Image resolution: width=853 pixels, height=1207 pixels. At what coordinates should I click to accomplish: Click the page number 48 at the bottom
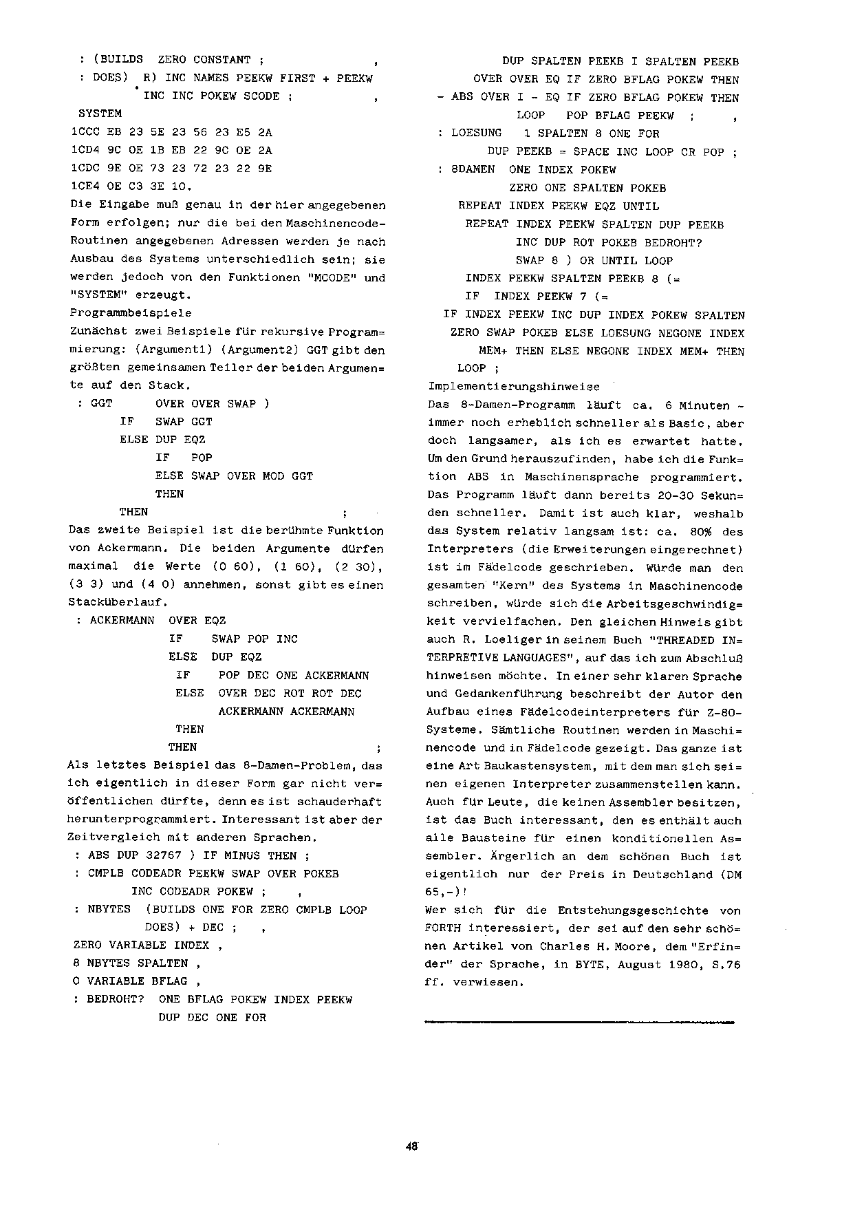(x=412, y=1146)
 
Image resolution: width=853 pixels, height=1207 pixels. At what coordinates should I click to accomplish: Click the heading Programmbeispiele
(x=131, y=313)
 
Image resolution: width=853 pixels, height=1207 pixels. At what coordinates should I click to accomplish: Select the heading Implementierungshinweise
(x=513, y=387)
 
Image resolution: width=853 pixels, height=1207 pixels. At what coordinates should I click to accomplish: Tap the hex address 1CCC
(x=85, y=132)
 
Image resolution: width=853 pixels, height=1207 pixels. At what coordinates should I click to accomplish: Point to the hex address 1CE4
(x=85, y=186)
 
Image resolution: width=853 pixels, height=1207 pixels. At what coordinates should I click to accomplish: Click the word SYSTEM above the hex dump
(x=100, y=114)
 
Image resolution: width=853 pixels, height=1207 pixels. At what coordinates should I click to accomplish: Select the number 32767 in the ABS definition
(x=163, y=856)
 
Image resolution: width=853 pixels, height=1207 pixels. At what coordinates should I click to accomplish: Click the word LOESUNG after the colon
(x=477, y=133)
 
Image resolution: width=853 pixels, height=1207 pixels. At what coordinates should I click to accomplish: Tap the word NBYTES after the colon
(x=109, y=910)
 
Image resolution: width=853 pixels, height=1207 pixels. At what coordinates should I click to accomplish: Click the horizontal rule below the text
(x=580, y=1023)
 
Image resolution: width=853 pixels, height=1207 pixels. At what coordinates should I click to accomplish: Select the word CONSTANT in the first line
(x=222, y=60)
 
